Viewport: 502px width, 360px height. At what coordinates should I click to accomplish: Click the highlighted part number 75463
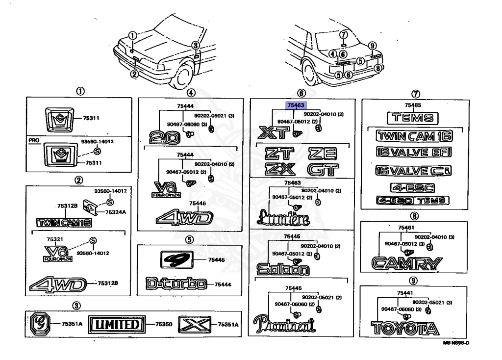tap(296, 104)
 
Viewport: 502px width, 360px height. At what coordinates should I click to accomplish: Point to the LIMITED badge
tap(117, 324)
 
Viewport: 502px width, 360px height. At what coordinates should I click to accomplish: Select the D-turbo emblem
tap(175, 283)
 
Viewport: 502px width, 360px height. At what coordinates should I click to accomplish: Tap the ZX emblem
tap(278, 170)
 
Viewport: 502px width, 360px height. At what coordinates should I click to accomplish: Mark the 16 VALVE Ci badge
tap(413, 171)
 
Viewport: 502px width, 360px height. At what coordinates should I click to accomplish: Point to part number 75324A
tap(117, 212)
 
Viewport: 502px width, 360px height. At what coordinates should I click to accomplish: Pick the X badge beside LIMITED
tap(193, 324)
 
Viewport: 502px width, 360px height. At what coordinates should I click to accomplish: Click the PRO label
tap(33, 140)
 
